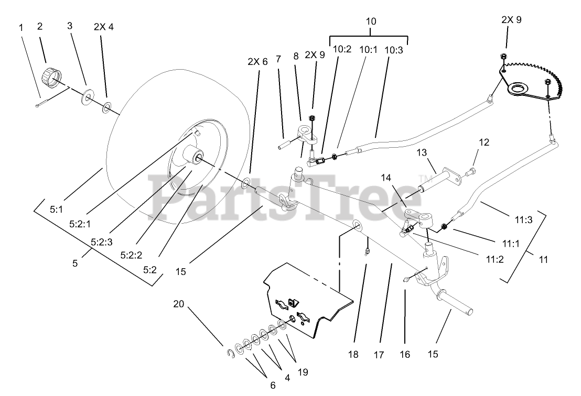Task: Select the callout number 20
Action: (x=178, y=304)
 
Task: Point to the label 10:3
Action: (x=394, y=50)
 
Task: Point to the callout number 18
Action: (x=353, y=355)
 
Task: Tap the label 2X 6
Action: (x=257, y=61)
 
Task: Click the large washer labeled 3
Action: (x=85, y=98)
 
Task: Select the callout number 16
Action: (x=404, y=355)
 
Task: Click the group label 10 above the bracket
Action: (x=370, y=21)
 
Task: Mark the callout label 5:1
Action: (x=56, y=208)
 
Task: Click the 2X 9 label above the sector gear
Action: (x=511, y=20)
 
